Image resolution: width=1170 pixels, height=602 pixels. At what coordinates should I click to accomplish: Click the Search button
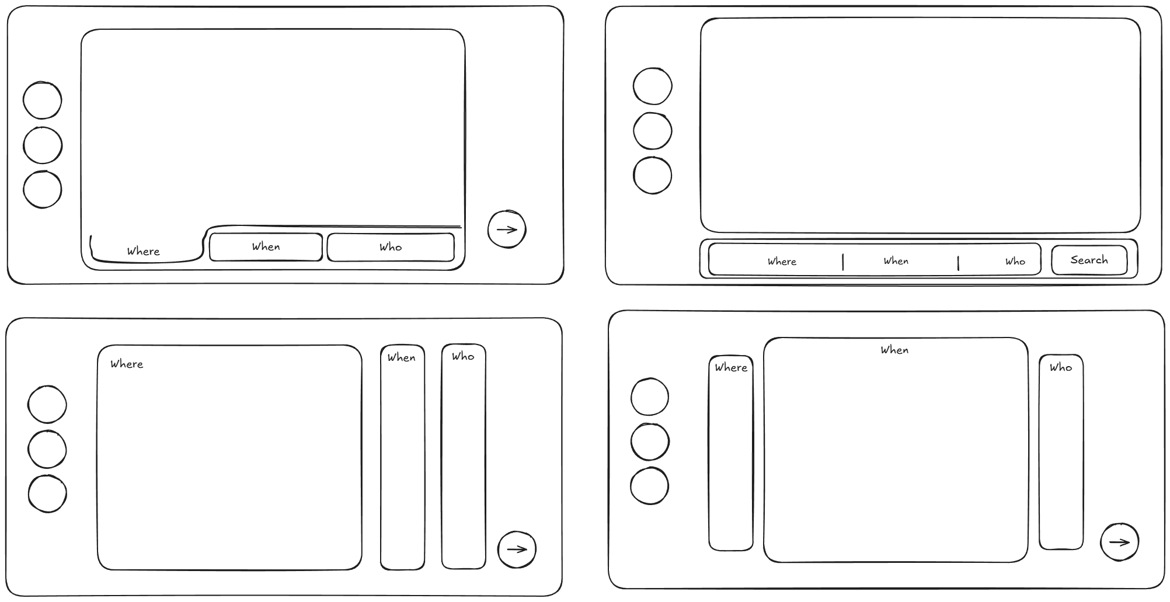(x=1089, y=260)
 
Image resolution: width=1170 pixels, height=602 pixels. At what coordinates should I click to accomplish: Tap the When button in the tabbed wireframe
(x=266, y=247)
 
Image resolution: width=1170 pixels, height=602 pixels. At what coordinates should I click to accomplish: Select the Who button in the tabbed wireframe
(x=391, y=248)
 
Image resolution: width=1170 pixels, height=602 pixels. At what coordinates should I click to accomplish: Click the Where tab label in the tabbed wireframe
(x=144, y=252)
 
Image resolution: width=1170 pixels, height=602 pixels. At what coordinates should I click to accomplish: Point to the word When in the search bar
(x=896, y=261)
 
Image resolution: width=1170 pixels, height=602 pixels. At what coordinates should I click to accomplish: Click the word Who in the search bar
(x=1015, y=262)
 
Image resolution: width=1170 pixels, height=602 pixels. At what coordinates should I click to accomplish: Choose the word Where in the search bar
(x=782, y=262)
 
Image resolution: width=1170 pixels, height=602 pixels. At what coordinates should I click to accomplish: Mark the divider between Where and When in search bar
(x=843, y=262)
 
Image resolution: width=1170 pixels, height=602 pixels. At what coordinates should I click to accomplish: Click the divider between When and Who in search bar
(x=958, y=263)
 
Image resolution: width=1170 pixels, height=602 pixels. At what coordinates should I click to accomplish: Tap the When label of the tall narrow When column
(x=402, y=357)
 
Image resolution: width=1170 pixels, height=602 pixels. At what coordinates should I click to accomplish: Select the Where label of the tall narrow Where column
(x=731, y=367)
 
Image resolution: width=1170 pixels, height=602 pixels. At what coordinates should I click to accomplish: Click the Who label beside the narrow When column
(x=463, y=356)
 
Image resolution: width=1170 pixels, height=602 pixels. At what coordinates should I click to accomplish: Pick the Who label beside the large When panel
(x=1061, y=367)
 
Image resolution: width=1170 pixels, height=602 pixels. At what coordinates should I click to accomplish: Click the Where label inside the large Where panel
(x=127, y=364)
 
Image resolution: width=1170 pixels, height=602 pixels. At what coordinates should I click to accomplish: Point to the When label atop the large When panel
(x=894, y=350)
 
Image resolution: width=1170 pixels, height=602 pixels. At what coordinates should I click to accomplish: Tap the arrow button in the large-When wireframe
(x=1119, y=542)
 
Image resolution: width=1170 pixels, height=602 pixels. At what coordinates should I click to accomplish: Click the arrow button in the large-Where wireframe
(x=517, y=549)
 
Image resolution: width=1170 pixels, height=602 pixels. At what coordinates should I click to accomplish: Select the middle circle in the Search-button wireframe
(x=653, y=131)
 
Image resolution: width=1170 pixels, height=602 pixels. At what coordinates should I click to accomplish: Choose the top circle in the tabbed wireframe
(x=43, y=100)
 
